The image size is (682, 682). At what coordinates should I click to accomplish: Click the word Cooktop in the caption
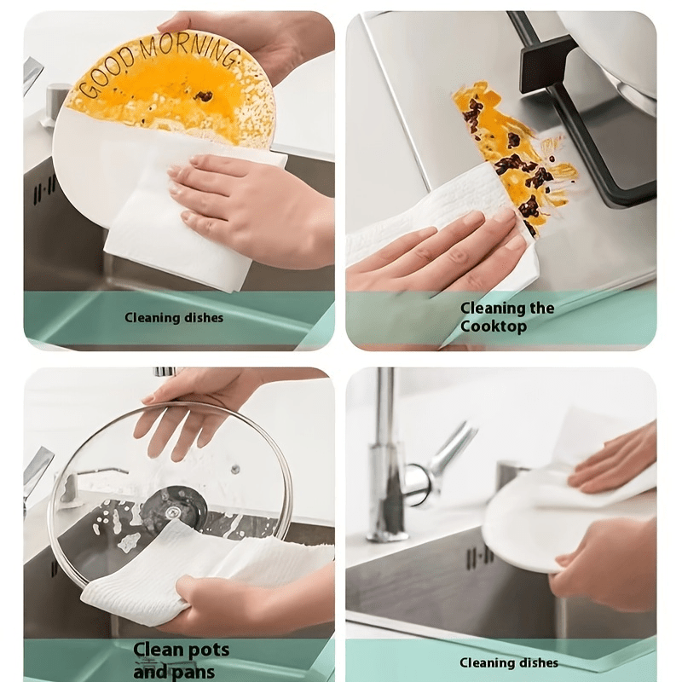point(494,327)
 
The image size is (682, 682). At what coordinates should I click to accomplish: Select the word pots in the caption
point(208,650)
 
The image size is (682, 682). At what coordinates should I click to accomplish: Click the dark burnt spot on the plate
point(203,95)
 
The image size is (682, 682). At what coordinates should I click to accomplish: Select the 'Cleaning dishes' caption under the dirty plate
point(174,317)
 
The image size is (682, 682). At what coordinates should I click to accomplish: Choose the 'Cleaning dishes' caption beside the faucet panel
point(509,662)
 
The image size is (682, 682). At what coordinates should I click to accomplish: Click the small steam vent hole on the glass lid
point(235,470)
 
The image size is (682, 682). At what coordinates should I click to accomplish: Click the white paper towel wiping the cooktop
point(439,226)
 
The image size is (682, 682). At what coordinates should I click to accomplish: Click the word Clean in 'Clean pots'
point(159,650)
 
